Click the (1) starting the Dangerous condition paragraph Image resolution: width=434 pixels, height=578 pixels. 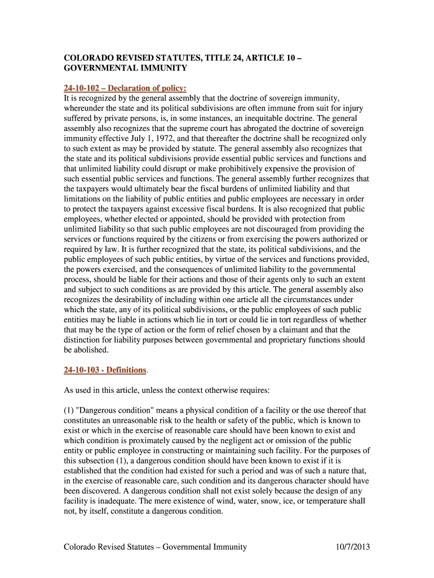point(69,410)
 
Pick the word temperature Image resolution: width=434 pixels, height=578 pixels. point(323,501)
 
